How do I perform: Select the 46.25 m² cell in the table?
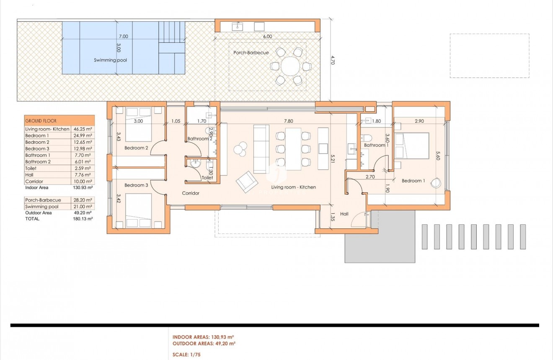pyautogui.click(x=83, y=129)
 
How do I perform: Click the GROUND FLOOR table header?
pyautogui.click(x=59, y=121)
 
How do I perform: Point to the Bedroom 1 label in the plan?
pyautogui.click(x=413, y=181)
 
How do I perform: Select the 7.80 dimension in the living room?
pyautogui.click(x=288, y=121)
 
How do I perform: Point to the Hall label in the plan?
pyautogui.click(x=344, y=214)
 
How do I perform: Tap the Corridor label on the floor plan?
pyautogui.click(x=191, y=193)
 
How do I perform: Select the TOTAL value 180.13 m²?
pyautogui.click(x=83, y=219)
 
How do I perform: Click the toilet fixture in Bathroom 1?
pyautogui.click(x=368, y=138)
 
